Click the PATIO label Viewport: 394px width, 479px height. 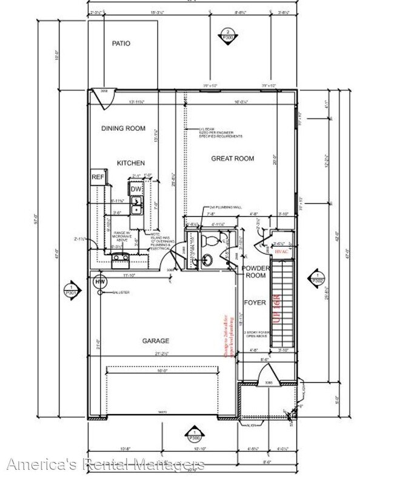(x=121, y=44)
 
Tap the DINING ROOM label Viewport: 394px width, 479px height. (x=124, y=128)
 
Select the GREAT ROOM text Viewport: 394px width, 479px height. (x=232, y=159)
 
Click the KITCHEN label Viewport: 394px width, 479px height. (x=131, y=163)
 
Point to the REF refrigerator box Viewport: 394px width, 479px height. (x=98, y=177)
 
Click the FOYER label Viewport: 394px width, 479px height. (x=253, y=302)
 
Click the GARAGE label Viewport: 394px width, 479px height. (x=156, y=341)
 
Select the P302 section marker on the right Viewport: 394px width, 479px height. (x=316, y=277)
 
